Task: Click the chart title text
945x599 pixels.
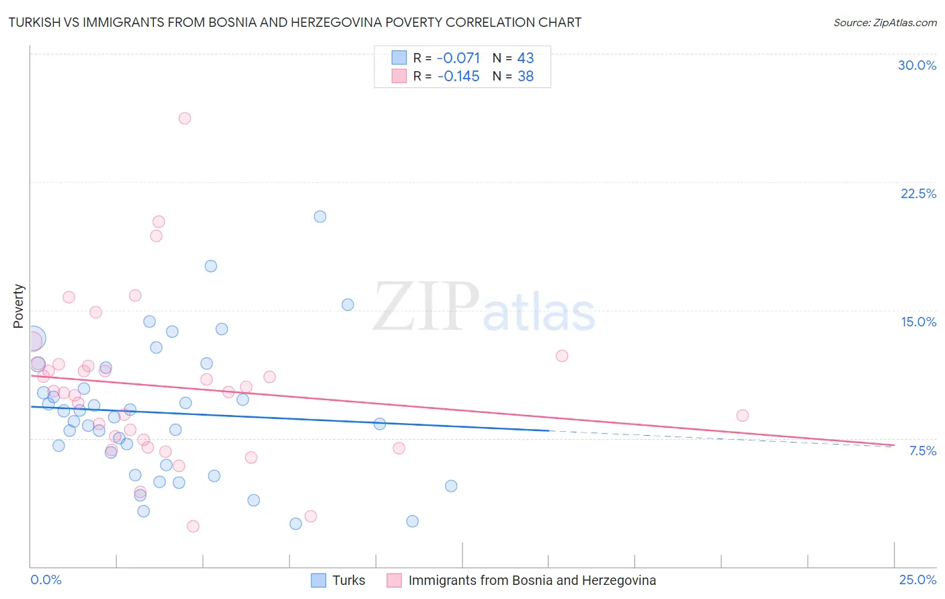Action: [295, 22]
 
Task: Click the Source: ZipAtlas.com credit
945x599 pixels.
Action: [885, 22]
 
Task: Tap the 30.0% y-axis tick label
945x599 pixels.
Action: [917, 65]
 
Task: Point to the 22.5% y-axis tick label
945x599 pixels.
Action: [918, 193]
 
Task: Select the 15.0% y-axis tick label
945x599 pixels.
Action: [918, 322]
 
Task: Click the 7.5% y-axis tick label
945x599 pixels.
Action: [922, 451]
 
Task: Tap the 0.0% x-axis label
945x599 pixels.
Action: [46, 580]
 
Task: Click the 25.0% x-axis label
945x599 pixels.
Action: [917, 580]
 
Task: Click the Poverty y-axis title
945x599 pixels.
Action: [18, 306]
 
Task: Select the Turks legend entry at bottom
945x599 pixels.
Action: [348, 580]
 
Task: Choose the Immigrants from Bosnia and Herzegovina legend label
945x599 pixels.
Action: [532, 580]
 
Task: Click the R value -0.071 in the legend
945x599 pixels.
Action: [458, 58]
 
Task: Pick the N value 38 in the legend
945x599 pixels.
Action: [525, 77]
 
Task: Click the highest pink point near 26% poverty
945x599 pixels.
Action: [185, 118]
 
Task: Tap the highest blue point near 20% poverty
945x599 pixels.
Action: [320, 216]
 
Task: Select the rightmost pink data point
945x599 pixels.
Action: [742, 415]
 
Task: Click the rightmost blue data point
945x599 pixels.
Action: [451, 486]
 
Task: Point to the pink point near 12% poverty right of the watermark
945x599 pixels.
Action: [562, 356]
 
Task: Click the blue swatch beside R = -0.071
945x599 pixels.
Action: [399, 58]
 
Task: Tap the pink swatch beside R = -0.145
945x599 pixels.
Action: [399, 76]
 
